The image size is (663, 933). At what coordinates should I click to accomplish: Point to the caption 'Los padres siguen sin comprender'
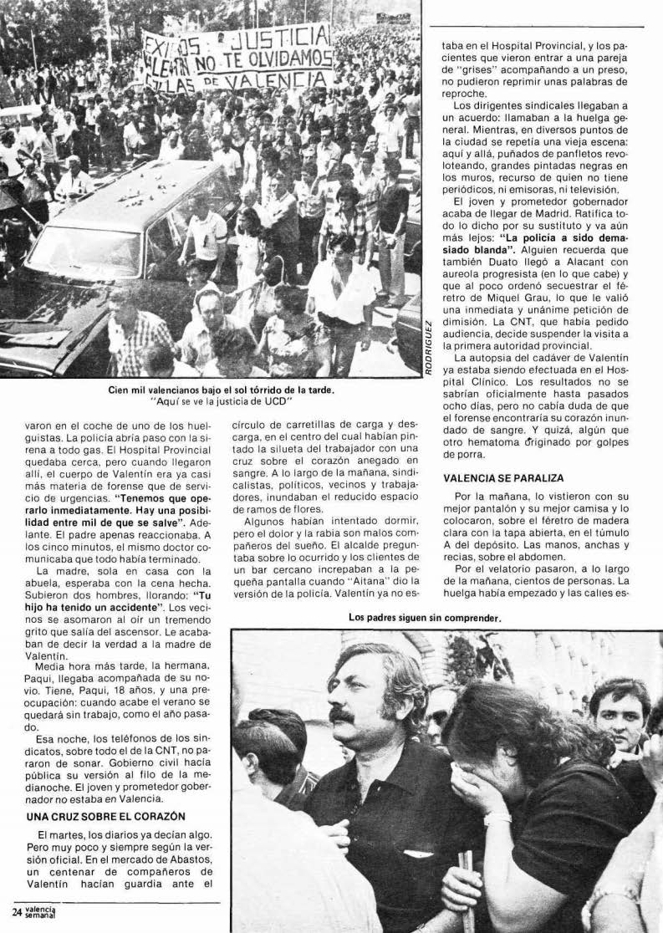(x=424, y=619)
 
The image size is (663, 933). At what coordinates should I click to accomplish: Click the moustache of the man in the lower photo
(x=344, y=715)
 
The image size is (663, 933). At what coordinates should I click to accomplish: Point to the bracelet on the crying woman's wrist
(x=497, y=818)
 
